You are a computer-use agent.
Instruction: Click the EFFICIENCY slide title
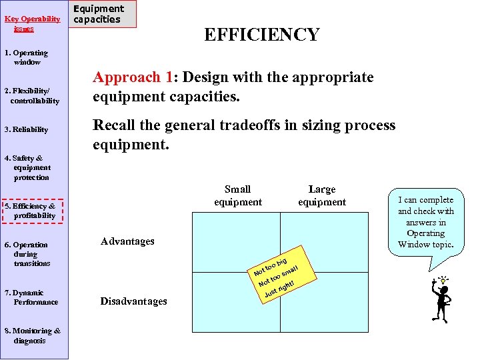coord(261,35)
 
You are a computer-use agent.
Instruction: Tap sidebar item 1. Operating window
coord(27,57)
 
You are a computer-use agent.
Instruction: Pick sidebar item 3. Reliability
coord(26,129)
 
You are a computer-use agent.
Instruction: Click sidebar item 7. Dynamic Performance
coord(31,297)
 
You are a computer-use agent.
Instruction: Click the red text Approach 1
coord(131,77)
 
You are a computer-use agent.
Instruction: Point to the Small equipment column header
coord(238,196)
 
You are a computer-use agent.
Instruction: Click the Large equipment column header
coord(322,196)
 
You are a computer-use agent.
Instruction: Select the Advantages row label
coord(127,241)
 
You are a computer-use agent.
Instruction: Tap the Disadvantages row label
coord(134,301)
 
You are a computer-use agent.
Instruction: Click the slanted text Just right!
coord(279,289)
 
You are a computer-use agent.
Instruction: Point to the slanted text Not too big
coord(271,265)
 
